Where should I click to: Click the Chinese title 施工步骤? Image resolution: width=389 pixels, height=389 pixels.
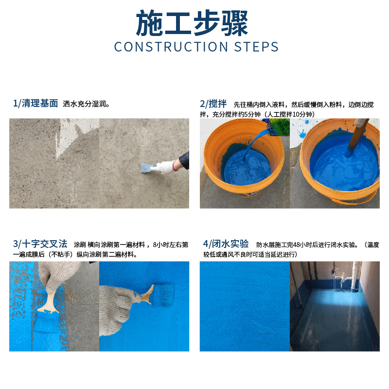point(192,23)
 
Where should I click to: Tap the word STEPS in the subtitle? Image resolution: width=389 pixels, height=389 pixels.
point(257,47)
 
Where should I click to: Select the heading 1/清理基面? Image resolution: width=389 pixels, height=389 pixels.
point(35,103)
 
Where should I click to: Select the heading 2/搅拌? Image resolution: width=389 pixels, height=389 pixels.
point(213,104)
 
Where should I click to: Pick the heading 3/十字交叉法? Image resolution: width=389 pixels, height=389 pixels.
point(40,244)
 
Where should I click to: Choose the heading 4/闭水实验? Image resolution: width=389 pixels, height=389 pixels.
point(226,244)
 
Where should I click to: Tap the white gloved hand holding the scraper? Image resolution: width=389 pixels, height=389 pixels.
point(164,167)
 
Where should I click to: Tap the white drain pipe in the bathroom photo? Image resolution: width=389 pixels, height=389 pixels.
point(356,275)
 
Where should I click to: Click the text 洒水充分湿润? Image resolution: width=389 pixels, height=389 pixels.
point(86,104)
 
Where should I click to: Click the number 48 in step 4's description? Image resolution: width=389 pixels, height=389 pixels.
point(297,245)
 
